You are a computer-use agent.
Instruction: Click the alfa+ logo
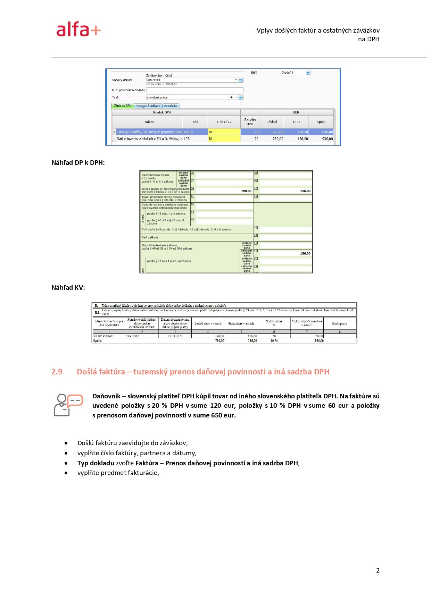click(78, 29)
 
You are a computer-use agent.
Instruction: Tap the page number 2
click(378, 570)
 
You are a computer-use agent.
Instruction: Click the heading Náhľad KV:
click(68, 287)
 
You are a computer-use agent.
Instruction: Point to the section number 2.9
click(57, 372)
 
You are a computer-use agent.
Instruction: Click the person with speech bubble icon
click(68, 405)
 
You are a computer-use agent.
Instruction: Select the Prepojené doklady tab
click(148, 106)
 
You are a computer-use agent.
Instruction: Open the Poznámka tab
click(171, 106)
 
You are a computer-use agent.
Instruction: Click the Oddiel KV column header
click(224, 122)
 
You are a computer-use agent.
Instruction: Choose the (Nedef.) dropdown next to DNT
click(295, 73)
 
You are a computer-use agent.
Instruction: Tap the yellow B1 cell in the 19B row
click(224, 139)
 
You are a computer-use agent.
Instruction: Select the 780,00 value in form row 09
click(246, 191)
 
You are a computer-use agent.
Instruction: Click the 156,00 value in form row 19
click(305, 253)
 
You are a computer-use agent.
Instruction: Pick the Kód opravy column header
click(339, 323)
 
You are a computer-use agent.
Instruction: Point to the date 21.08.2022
click(175, 336)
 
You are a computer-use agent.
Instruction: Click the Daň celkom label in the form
click(150, 237)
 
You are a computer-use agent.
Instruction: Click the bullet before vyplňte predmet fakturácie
click(66, 473)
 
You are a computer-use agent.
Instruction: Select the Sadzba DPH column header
click(250, 122)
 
